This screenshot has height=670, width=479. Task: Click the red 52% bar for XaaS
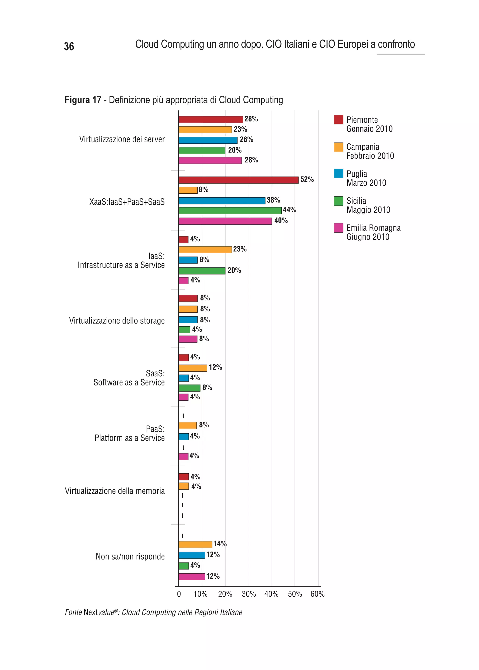click(238, 180)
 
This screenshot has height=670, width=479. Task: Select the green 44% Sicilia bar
click(230, 211)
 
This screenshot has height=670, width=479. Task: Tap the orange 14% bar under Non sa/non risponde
click(195, 544)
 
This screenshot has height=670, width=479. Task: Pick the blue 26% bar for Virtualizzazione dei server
click(208, 140)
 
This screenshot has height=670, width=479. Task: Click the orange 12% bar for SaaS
click(193, 368)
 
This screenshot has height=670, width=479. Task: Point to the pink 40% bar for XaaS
click(225, 221)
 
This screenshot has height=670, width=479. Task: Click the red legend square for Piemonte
click(338, 120)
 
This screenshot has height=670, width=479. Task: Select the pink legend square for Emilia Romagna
click(338, 228)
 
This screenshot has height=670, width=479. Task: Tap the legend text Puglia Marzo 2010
click(366, 178)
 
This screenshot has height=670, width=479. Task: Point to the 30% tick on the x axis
click(249, 594)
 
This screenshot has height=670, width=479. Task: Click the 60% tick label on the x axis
click(317, 594)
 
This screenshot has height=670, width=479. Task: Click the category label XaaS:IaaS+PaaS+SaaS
click(127, 202)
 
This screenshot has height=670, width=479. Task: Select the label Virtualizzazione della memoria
click(115, 491)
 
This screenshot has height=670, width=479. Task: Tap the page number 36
click(69, 46)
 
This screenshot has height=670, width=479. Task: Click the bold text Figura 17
click(83, 100)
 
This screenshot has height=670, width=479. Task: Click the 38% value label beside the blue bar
click(273, 200)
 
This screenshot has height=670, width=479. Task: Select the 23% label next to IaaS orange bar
click(240, 249)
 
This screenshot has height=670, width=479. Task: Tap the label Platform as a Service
click(130, 438)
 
